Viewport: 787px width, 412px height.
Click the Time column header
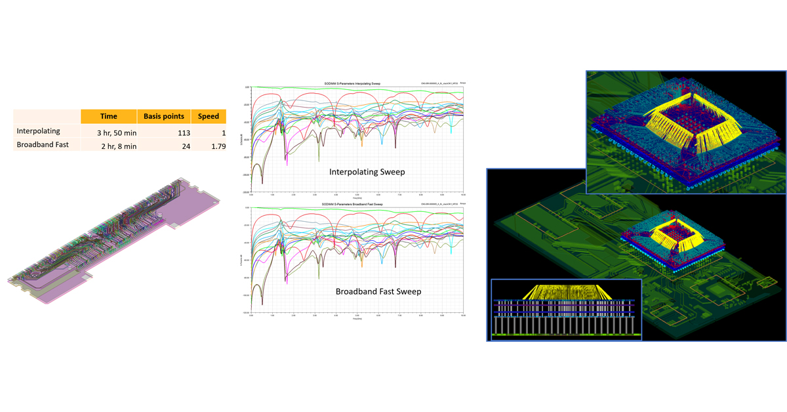click(109, 117)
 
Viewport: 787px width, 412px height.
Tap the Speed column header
click(209, 117)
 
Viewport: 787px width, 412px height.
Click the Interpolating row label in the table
click(38, 132)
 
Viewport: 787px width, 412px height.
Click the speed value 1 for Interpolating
click(223, 132)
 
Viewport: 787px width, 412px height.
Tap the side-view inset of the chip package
click(566, 310)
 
